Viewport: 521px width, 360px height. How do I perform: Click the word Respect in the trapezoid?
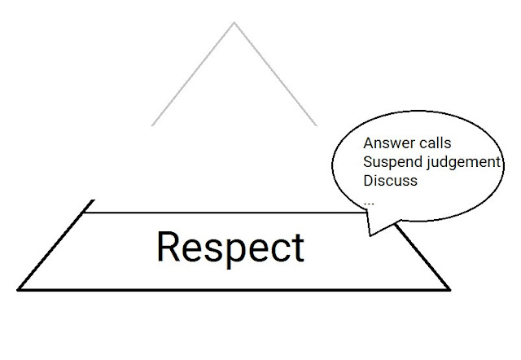point(230,246)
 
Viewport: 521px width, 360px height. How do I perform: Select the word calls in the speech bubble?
point(433,143)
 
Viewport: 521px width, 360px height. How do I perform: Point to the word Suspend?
point(392,161)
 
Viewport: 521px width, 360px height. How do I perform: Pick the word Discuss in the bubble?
point(390,180)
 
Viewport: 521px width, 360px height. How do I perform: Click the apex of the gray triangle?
point(234,23)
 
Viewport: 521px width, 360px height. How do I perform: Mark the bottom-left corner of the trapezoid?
point(19,288)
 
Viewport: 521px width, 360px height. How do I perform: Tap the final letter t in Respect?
point(297,246)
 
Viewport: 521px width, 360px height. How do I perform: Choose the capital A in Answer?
point(369,143)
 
